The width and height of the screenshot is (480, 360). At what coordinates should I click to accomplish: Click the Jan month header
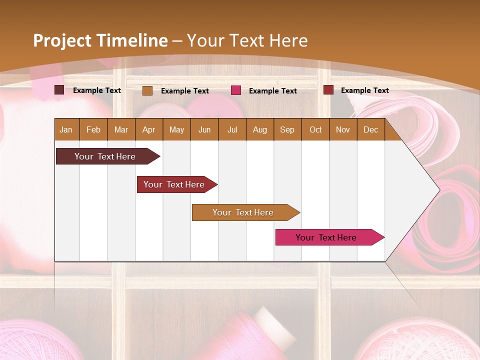66,129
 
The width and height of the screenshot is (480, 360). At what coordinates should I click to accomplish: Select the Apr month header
148,129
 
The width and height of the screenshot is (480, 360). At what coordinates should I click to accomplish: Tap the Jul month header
232,129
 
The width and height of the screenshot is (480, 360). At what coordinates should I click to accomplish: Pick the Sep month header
287,129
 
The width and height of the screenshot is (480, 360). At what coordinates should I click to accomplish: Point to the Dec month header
370,129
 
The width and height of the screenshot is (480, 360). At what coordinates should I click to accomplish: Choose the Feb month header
93,129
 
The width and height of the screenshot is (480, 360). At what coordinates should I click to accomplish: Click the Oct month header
315,129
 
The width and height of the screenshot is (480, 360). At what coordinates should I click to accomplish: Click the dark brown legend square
59,90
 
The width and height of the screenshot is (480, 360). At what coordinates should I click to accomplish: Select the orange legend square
147,90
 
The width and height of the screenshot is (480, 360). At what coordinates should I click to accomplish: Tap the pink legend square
236,90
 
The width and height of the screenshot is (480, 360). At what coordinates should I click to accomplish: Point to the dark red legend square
328,90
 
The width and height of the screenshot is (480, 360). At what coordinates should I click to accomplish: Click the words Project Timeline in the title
100,40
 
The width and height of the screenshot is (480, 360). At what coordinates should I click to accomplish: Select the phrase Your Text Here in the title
247,40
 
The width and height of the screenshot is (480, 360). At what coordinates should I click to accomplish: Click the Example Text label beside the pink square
272,91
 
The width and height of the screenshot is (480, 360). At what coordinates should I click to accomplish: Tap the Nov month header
343,129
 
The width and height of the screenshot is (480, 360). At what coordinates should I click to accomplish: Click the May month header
176,129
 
